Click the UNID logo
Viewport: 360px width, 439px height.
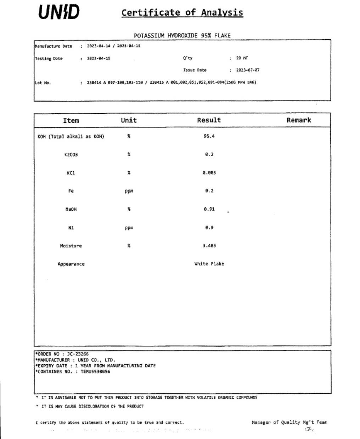point(59,12)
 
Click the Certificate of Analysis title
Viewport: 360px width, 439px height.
point(182,13)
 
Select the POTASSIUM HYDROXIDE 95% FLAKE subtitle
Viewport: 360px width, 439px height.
point(182,35)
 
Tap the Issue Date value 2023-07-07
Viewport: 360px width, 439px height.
point(248,70)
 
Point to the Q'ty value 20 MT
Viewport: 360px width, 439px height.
point(242,58)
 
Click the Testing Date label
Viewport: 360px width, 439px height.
point(49,58)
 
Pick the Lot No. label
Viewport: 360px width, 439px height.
point(43,83)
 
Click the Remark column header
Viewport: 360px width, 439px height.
point(299,120)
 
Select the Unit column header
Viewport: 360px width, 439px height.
point(129,120)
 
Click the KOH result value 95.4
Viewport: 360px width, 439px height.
point(209,136)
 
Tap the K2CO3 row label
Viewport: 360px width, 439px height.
point(71,155)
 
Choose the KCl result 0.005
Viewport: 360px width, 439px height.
point(209,173)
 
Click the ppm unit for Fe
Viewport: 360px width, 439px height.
point(129,191)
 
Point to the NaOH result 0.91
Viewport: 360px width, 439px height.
point(209,209)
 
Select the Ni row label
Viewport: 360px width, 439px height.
point(71,228)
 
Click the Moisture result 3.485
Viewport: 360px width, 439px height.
point(209,246)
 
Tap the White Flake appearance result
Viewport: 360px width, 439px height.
point(209,264)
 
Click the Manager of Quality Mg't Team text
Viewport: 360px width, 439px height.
point(289,422)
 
